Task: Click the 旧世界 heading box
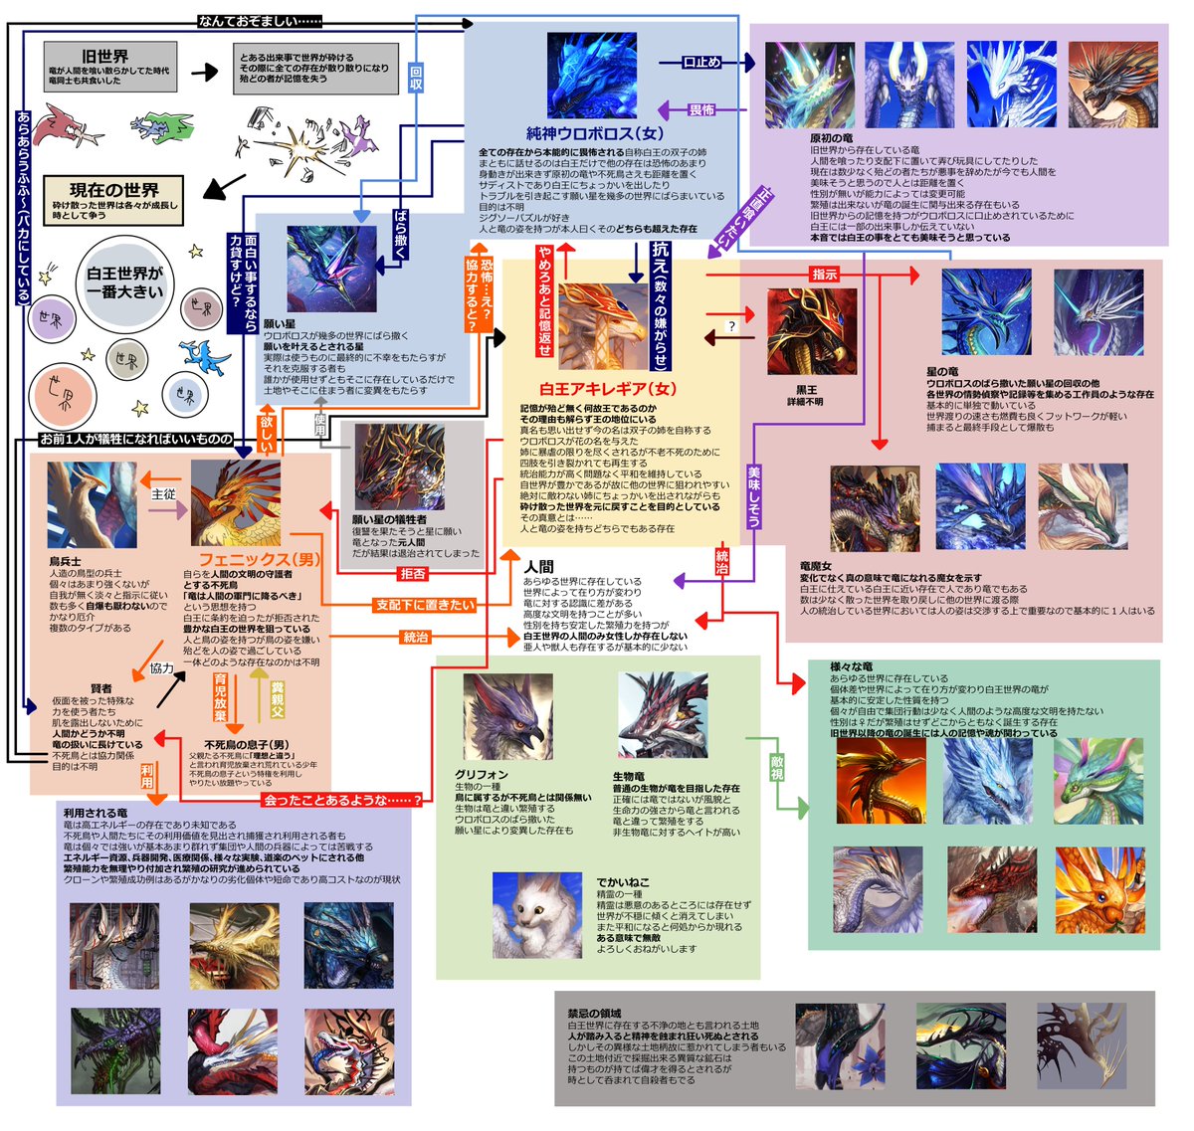[110, 66]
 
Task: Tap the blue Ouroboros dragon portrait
[592, 76]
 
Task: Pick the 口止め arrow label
[701, 62]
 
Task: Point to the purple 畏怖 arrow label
[701, 109]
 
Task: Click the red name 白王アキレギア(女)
[607, 389]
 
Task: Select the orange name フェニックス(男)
[259, 559]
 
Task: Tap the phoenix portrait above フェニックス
[236, 503]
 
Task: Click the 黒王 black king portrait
[811, 332]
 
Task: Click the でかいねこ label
[623, 882]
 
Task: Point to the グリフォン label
[482, 774]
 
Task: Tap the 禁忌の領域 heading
[594, 1013]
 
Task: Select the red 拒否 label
[413, 573]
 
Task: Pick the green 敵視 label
[777, 768]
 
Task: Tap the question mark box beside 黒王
[731, 326]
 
